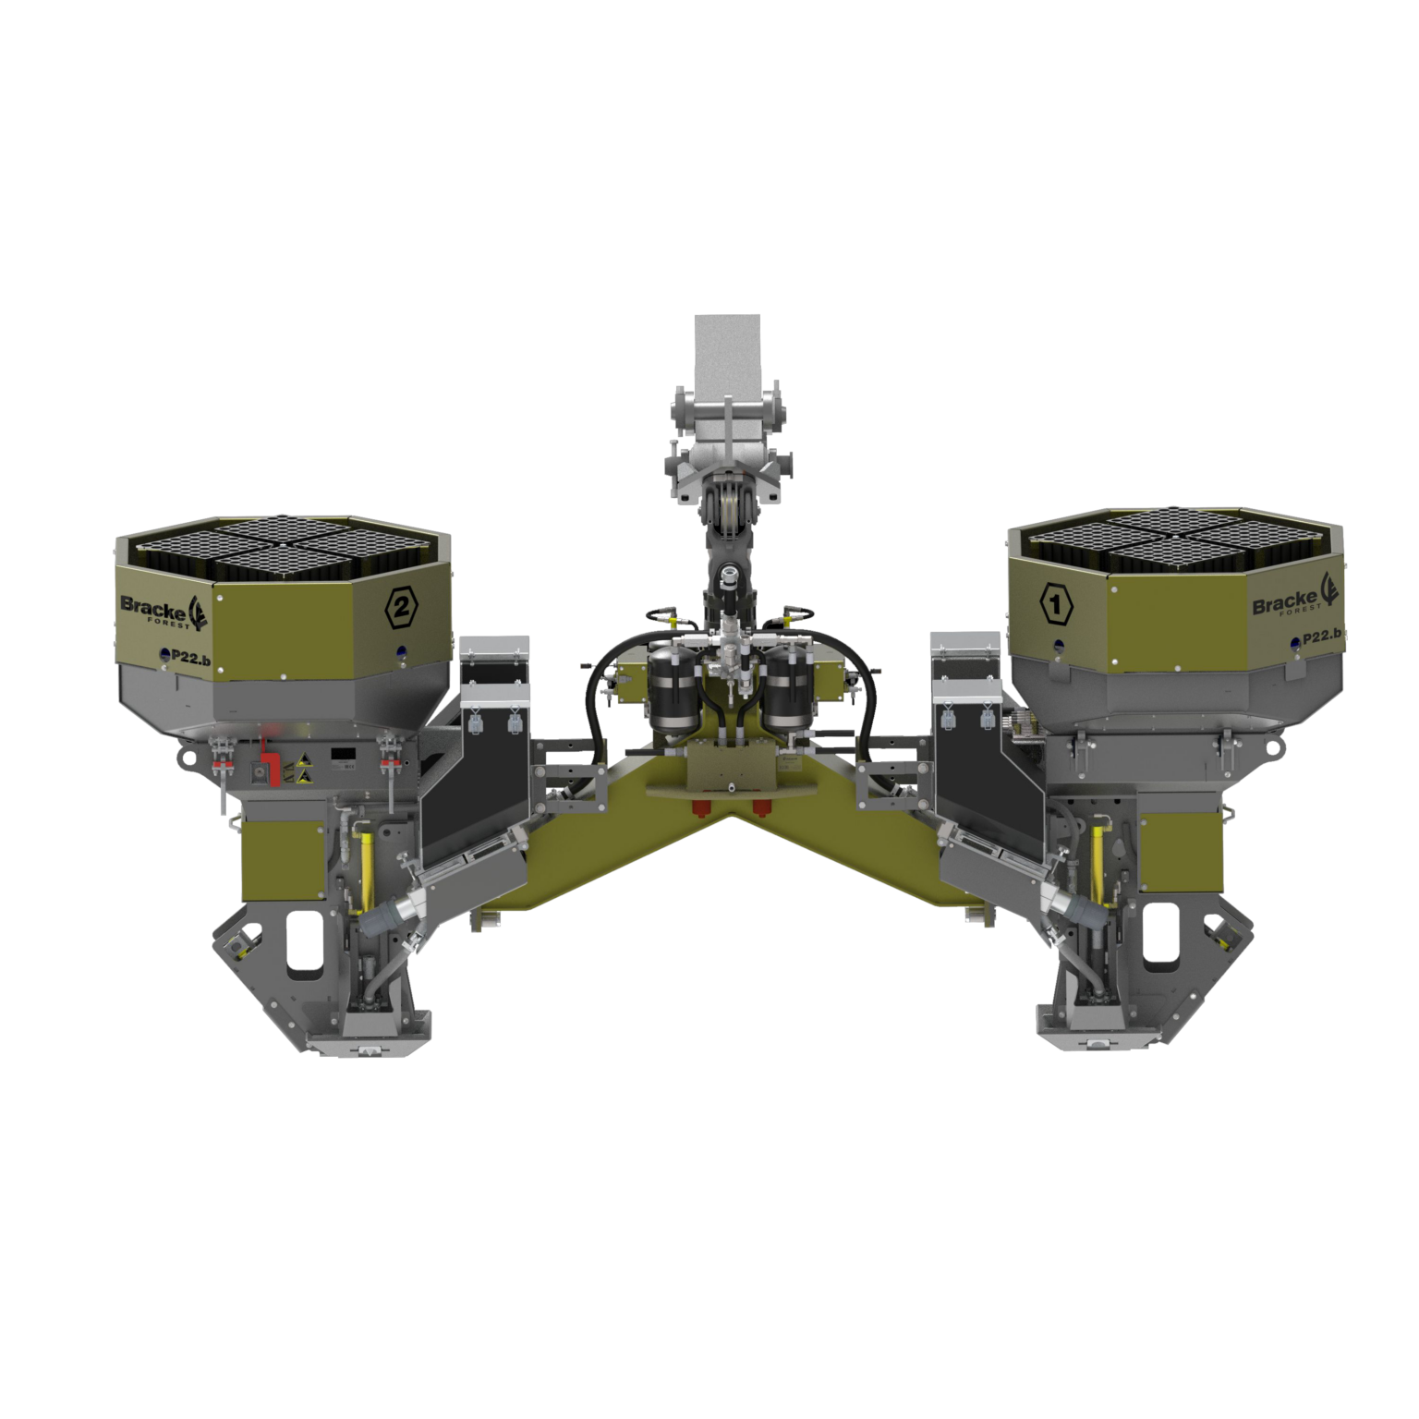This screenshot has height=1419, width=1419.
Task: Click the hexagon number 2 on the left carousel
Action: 405,607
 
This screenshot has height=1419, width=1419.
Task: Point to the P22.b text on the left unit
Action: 161,655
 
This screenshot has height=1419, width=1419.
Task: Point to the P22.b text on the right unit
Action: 1321,638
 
